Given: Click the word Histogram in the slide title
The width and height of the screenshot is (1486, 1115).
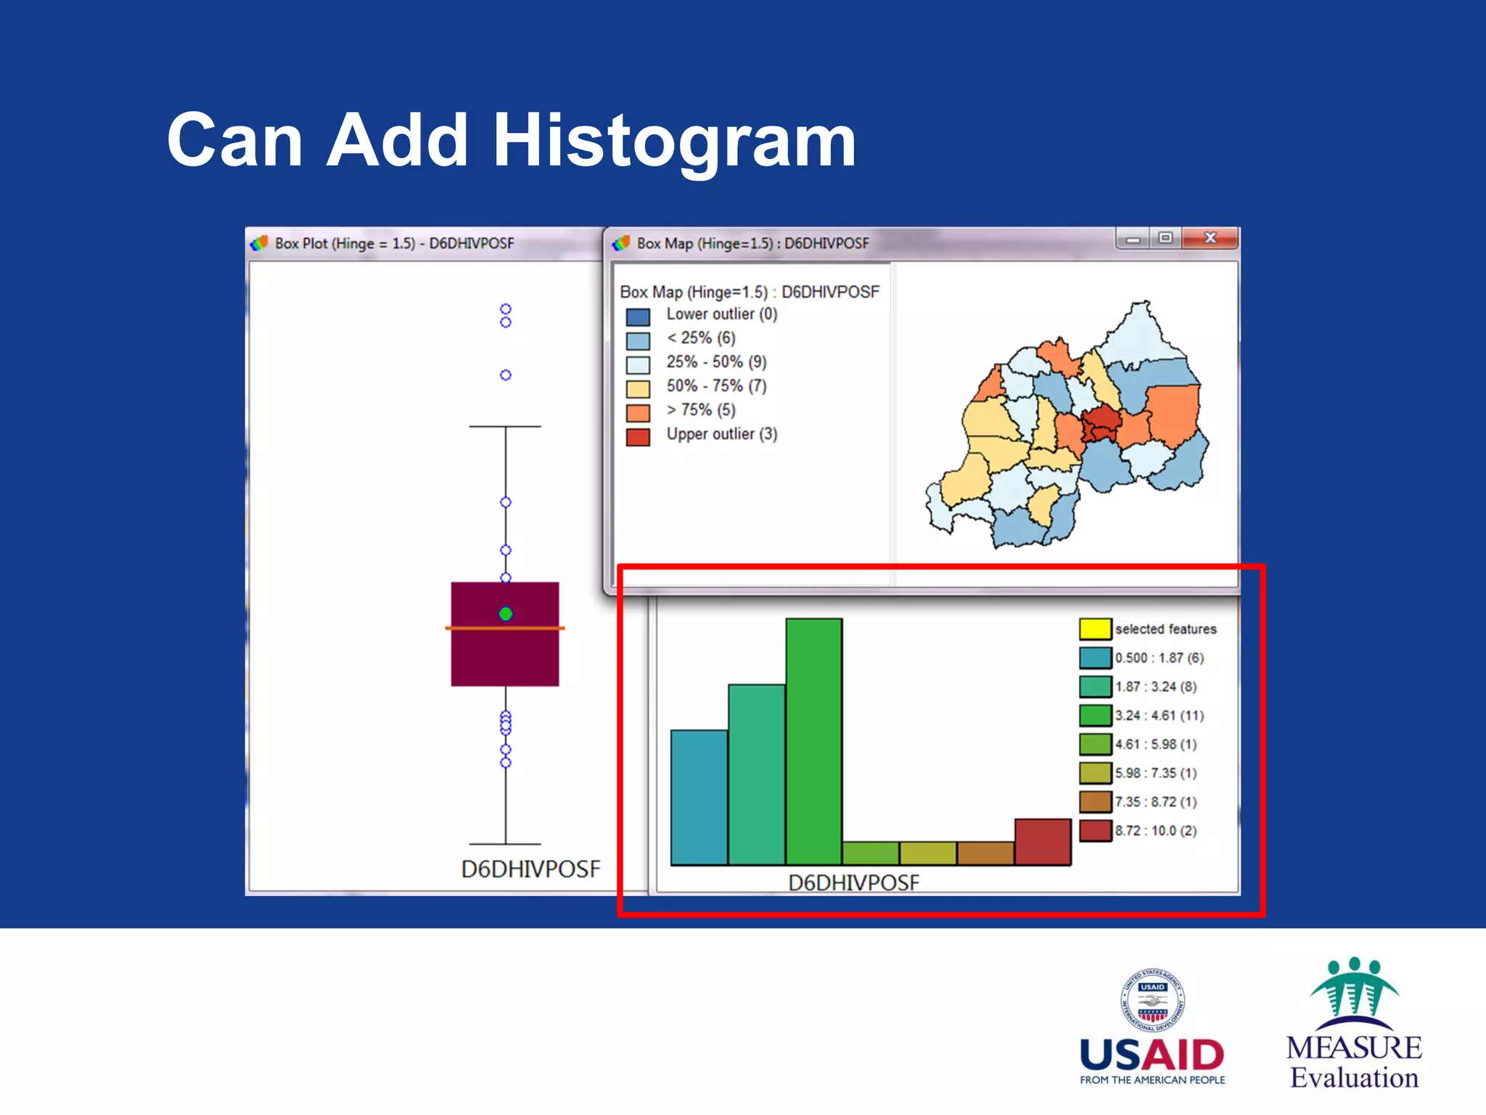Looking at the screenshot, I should point(674,140).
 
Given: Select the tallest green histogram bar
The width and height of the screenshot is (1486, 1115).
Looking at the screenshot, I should point(813,740).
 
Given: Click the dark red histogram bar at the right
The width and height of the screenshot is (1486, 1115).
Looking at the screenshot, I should point(1043,841).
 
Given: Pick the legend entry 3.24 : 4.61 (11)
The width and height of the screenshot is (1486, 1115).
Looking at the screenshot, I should point(1159,715).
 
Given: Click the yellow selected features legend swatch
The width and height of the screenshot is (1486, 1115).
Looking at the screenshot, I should point(1095,629).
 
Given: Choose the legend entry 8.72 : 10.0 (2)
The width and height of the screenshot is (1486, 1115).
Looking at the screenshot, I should point(1155,830).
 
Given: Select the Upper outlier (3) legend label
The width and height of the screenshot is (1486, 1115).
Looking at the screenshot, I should point(721,434).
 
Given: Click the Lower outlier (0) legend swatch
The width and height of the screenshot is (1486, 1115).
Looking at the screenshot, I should point(638,317).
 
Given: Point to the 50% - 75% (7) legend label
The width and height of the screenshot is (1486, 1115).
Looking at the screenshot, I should point(716,386).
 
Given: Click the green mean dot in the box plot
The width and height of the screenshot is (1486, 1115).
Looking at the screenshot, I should point(506,614).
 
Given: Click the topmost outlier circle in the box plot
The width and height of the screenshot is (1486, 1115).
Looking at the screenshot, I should point(506,309).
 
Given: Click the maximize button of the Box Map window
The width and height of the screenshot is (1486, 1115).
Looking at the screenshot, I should point(1165,238).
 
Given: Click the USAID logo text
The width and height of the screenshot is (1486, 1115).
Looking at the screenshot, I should point(1152,1055).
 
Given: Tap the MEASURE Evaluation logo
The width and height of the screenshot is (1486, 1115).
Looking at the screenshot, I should point(1354,1024).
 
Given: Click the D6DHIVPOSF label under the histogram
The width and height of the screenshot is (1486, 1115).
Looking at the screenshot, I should point(853,883).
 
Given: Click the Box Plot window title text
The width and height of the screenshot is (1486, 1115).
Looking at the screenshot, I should point(394,243).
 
